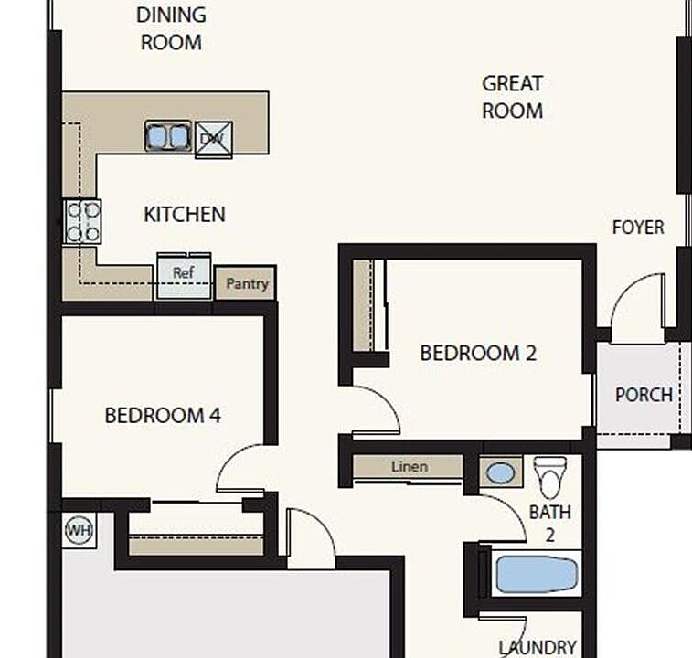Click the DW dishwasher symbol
[x=214, y=140]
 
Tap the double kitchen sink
[x=167, y=136]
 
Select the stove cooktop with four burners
[x=82, y=221]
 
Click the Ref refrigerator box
[x=184, y=275]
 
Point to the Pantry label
[x=247, y=284]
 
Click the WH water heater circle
[x=79, y=530]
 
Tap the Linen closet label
[x=410, y=466]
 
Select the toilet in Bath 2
[x=550, y=477]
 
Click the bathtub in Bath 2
[x=537, y=574]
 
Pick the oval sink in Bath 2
[x=500, y=473]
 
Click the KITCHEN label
[x=185, y=215]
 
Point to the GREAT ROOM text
[x=513, y=97]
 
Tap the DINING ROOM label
[x=171, y=28]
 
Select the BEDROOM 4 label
[x=163, y=415]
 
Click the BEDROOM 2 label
[x=478, y=353]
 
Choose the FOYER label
[x=638, y=228]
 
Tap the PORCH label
[x=644, y=395]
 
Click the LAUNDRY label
[x=538, y=648]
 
